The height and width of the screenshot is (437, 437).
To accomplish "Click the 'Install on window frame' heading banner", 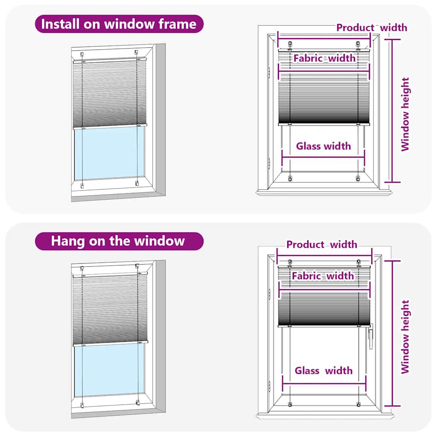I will point(119,24).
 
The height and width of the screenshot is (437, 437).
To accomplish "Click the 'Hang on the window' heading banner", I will point(119,241).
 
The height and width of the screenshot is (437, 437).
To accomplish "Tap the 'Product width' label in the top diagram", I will point(371,28).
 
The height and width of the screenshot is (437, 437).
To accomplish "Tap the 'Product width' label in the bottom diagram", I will point(322,245).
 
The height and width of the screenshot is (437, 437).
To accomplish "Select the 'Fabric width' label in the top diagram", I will point(324,58).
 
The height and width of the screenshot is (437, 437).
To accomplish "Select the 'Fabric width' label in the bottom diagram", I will point(323,276).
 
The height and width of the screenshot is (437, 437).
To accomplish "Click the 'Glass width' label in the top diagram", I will point(323,146).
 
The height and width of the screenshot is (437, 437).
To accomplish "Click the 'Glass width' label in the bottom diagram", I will point(323,370).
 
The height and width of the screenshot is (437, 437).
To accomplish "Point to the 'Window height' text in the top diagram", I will point(405,114).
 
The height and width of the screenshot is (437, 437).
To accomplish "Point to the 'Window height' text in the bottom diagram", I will point(405,337).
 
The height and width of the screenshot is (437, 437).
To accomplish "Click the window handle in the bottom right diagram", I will point(370,336).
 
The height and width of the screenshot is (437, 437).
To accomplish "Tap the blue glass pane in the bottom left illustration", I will point(110,369).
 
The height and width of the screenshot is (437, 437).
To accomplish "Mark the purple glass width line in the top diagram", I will point(323,157).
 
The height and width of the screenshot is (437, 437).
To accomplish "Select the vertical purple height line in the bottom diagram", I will point(393,333).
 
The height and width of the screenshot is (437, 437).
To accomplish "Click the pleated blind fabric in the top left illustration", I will point(110,94).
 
